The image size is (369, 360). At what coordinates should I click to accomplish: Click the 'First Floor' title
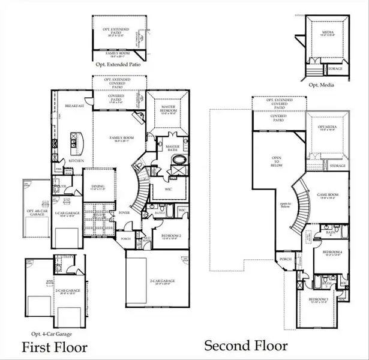click(55, 347)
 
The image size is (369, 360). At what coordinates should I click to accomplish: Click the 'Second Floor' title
click(245, 346)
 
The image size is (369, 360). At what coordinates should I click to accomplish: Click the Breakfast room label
click(73, 106)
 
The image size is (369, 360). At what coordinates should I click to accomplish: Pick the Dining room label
click(98, 187)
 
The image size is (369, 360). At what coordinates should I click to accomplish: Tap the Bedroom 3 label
click(318, 299)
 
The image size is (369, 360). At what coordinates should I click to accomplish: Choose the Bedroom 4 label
click(332, 253)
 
